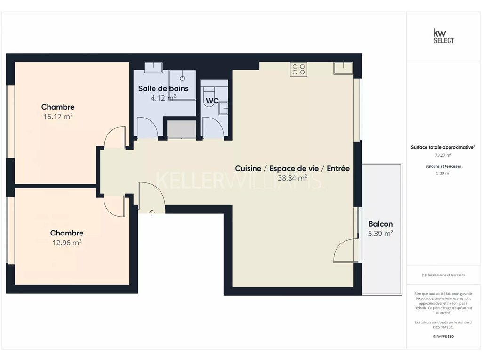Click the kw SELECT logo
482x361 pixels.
click(443, 36)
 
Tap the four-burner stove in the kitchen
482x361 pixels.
click(298, 70)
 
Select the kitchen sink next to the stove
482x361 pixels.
click(343, 68)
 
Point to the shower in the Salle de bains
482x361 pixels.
click(182, 85)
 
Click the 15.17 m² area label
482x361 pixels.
click(58, 117)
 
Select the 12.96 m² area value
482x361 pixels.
click(67, 243)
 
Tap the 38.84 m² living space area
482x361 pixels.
click(292, 178)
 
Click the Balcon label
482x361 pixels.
click(380, 224)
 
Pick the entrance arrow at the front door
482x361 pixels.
click(152, 212)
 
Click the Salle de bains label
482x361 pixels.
click(163, 88)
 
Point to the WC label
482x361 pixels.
click(212, 101)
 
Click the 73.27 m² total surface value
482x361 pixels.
click(443, 155)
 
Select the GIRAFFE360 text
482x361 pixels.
click(443, 337)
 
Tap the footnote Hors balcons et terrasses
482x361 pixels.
click(443, 275)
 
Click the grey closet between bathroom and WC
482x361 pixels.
click(181, 129)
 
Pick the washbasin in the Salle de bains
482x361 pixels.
click(153, 68)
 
